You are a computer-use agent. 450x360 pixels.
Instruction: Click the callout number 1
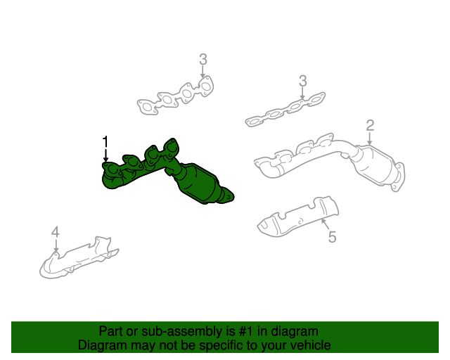(x=105, y=141)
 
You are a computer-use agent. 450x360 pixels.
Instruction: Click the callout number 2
(x=370, y=126)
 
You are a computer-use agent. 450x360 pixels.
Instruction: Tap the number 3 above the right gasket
(x=302, y=81)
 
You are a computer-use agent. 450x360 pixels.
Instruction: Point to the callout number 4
(x=55, y=232)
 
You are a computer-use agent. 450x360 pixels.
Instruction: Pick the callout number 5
(x=332, y=237)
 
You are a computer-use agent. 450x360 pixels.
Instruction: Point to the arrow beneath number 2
(x=369, y=139)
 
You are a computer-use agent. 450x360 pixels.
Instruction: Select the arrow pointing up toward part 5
(x=324, y=224)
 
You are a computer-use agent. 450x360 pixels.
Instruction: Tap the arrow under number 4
(x=56, y=245)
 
